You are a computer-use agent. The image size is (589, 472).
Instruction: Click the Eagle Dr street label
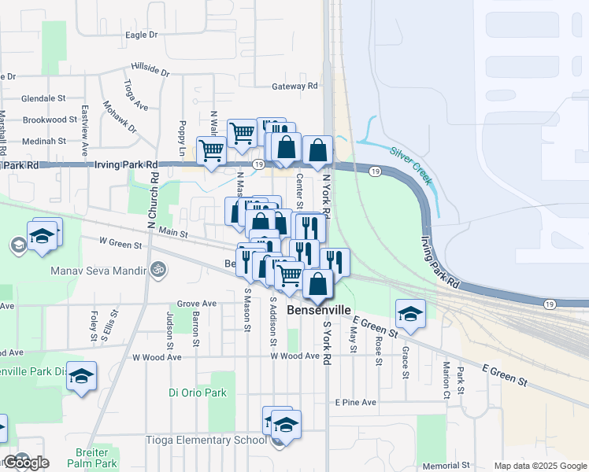pyautogui.click(x=142, y=35)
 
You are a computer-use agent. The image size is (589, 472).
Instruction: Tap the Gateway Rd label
pyautogui.click(x=294, y=86)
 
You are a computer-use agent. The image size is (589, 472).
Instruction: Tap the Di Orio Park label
pyautogui.click(x=198, y=393)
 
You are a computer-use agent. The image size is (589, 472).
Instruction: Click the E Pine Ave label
pyautogui.click(x=355, y=402)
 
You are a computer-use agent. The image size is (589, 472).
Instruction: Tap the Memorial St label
pyautogui.click(x=446, y=466)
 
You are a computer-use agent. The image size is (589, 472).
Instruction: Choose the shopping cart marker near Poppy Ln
pyautogui.click(x=210, y=149)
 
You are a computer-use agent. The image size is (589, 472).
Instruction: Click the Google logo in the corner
pyautogui.click(x=27, y=463)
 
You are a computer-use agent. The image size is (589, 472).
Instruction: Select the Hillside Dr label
pyautogui.click(x=150, y=71)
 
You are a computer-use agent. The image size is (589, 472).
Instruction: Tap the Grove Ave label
pyautogui.click(x=197, y=304)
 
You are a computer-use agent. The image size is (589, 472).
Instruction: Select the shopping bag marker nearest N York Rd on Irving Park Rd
pyautogui.click(x=317, y=149)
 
